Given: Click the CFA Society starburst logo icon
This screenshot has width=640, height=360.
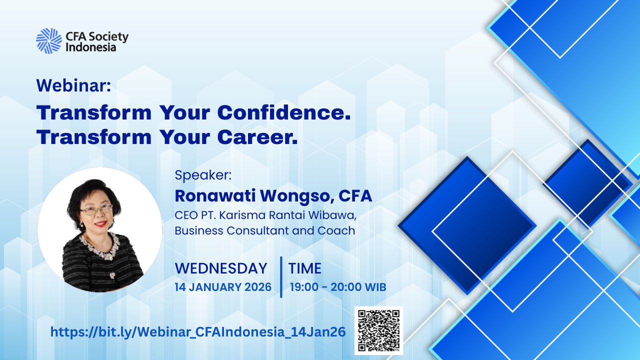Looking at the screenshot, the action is (49, 41).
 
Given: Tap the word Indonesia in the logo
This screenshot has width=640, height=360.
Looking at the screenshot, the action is (91, 47).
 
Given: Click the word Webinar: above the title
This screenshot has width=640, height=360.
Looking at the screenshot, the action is (73, 85).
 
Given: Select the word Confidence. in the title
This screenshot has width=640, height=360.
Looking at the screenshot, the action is (284, 112).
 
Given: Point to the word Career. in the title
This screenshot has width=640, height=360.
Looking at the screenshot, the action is (257, 137).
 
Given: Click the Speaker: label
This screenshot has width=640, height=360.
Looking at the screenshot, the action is (203, 175).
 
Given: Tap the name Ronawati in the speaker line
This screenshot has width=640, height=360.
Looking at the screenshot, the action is (215, 195).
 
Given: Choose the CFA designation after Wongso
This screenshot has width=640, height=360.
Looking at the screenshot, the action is (355, 195).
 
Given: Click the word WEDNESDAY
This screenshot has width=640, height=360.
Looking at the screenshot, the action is (221, 268).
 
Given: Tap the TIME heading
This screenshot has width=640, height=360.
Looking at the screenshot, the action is (305, 268).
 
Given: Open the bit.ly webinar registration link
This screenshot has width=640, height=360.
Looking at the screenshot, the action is (198, 331).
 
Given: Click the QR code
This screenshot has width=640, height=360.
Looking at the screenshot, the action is (379, 330).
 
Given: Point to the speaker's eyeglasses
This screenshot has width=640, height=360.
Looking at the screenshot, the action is (96, 210).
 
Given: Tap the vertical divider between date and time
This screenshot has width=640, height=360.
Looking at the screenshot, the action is (281, 277).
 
